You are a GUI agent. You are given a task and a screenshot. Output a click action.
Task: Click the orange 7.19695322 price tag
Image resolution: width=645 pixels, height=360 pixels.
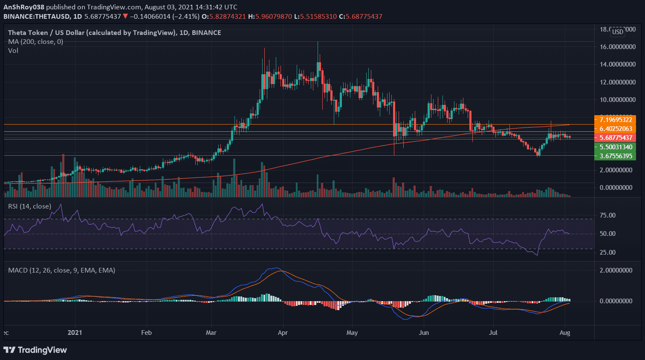[x=615, y=120]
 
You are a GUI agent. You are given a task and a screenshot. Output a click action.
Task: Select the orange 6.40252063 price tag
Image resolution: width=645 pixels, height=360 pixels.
[x=615, y=129]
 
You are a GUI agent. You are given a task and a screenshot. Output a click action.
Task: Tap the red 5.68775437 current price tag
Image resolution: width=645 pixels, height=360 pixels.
[x=615, y=138]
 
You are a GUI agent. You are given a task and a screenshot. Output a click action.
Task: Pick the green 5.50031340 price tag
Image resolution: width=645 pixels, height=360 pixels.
[x=615, y=147]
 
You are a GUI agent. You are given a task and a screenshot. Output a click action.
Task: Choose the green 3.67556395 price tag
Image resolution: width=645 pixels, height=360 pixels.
[x=615, y=156]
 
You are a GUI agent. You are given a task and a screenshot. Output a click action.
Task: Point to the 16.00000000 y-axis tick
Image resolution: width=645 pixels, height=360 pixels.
[x=618, y=47]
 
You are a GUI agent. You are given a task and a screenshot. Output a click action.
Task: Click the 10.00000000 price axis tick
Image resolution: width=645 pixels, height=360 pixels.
[x=618, y=100]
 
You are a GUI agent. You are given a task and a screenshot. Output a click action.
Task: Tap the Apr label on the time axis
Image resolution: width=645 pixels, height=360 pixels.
[x=282, y=333]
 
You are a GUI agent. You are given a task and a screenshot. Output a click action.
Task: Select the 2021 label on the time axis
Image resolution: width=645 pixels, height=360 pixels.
[x=75, y=333]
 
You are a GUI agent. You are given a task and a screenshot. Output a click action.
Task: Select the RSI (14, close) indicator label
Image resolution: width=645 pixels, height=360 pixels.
[x=30, y=206]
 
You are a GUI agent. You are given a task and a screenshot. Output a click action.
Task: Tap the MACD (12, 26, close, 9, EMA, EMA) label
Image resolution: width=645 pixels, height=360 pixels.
[x=62, y=270]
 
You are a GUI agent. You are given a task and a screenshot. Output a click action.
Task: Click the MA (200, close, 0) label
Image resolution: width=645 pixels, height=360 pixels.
[x=36, y=42]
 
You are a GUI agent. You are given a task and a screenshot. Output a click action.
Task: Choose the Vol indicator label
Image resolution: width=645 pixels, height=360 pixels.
[x=13, y=51]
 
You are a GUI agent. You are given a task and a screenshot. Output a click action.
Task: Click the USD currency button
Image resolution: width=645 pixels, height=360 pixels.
[x=617, y=32]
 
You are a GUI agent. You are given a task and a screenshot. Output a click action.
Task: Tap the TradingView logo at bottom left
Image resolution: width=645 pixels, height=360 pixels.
[x=35, y=350]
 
